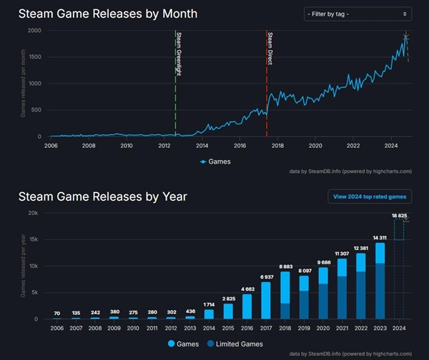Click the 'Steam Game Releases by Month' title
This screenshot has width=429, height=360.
point(108,14)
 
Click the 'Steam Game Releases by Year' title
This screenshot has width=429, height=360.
point(102,196)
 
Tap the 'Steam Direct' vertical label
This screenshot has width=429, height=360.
point(270,49)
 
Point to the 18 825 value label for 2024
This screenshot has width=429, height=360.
point(399,214)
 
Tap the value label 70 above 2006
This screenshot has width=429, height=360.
point(56,314)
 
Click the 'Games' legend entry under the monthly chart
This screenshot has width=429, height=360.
point(214,161)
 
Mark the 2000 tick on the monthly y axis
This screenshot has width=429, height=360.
point(34,31)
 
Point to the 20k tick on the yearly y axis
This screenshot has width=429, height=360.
point(33,213)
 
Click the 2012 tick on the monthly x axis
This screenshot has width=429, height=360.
point(164,146)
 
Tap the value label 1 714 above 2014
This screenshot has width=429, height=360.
point(209,304)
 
